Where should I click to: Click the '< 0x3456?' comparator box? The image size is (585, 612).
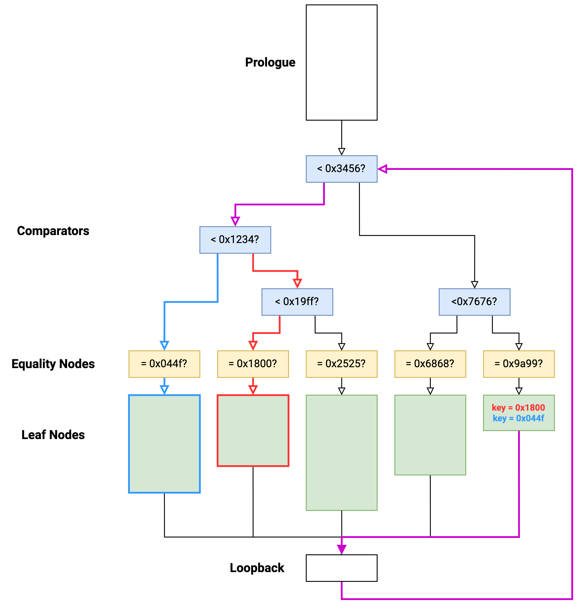click(x=341, y=169)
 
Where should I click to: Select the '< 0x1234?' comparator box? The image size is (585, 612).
click(x=235, y=240)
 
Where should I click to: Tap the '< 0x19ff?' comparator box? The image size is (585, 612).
click(x=297, y=302)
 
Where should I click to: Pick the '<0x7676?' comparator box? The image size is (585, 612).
click(x=474, y=302)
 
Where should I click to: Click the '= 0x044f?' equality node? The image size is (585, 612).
click(x=164, y=364)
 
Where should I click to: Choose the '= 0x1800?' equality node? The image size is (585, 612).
click(x=253, y=364)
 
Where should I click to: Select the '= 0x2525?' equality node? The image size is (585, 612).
click(x=341, y=364)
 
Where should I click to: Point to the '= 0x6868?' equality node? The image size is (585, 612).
click(x=430, y=364)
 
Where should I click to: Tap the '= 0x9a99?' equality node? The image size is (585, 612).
click(x=519, y=364)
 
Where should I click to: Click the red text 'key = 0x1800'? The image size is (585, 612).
click(x=518, y=408)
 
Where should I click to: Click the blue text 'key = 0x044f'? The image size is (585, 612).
click(x=518, y=418)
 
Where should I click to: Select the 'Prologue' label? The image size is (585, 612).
click(x=270, y=62)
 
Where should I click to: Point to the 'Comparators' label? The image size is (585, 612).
click(x=53, y=231)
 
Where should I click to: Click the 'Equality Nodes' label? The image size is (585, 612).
click(x=53, y=364)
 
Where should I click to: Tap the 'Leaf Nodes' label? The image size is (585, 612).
click(x=53, y=435)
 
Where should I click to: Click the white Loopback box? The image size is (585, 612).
click(x=341, y=568)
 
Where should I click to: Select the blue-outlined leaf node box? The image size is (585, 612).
click(x=164, y=444)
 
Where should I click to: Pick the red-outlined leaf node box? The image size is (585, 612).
click(x=253, y=431)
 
